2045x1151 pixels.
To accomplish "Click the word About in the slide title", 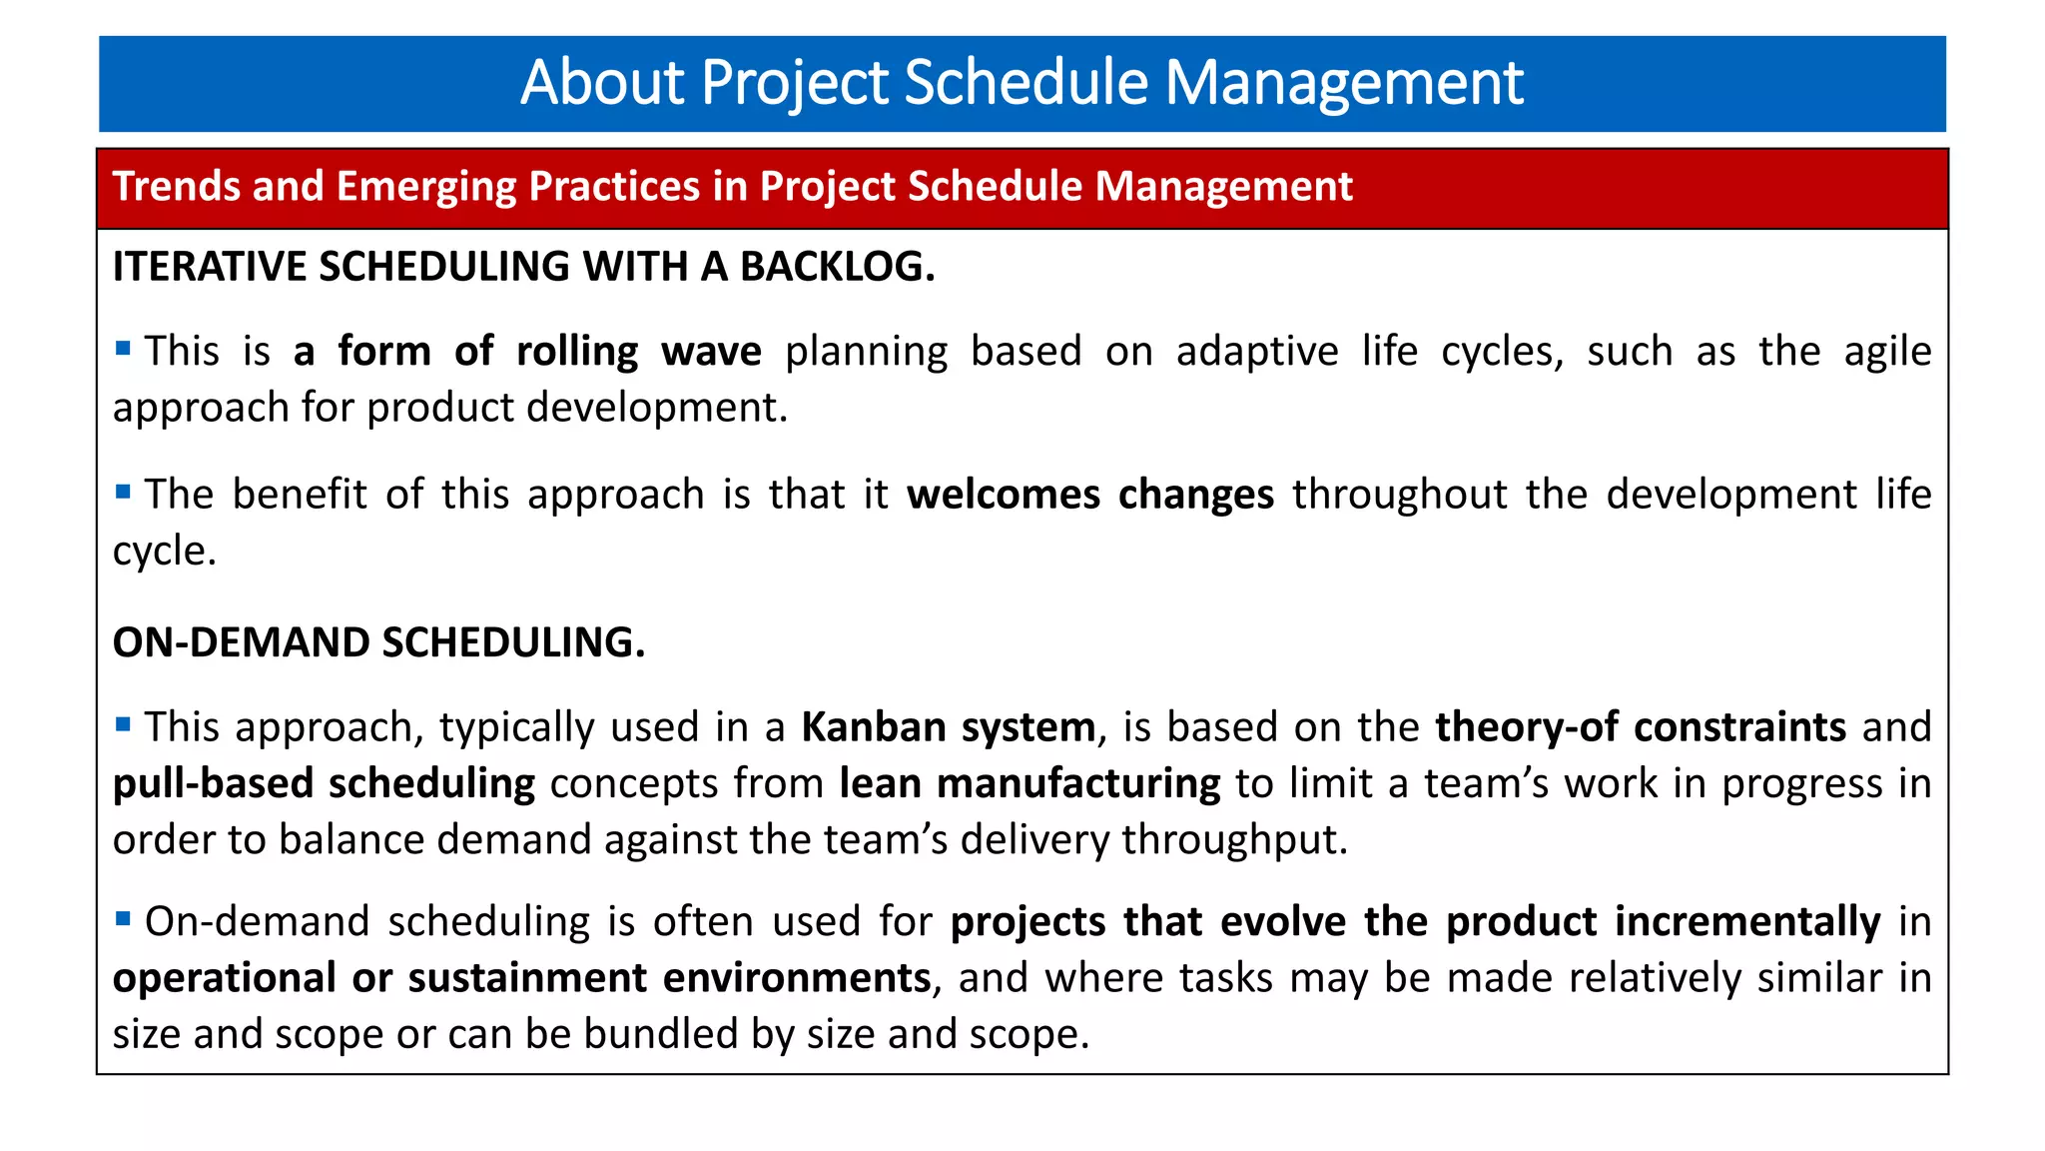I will [603, 82].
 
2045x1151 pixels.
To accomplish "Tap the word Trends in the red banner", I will [176, 187].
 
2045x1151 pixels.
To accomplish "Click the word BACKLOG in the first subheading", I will [837, 267].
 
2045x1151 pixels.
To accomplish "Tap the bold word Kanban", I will [873, 727].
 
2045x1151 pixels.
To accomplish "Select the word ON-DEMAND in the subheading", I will [241, 642].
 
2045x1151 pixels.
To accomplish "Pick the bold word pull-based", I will [213, 783].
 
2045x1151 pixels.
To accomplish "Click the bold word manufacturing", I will [1078, 783].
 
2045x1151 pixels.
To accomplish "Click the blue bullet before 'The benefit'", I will [123, 491].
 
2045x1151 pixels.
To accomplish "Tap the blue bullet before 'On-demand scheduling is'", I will [123, 917].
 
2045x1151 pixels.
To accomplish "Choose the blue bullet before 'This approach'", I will [123, 723].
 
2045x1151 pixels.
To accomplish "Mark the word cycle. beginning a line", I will [164, 551].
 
